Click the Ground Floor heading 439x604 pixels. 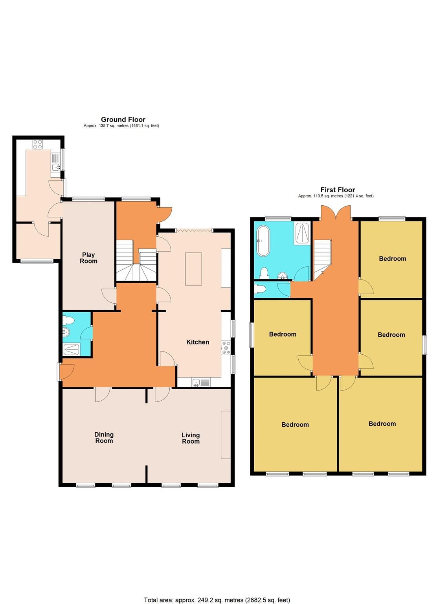click(123, 120)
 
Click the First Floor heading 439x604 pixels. click(337, 190)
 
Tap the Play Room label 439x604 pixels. click(88, 258)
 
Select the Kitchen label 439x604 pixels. click(197, 342)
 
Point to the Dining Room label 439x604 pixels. click(104, 438)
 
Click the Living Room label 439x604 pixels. click(191, 438)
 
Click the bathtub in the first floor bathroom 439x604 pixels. click(262, 241)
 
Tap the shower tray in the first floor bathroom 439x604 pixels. click(301, 234)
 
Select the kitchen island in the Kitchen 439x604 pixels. click(193, 269)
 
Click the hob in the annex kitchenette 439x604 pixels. click(38, 144)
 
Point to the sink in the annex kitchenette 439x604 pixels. click(56, 167)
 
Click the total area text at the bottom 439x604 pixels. click(217, 600)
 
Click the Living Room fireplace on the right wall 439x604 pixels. click(226, 435)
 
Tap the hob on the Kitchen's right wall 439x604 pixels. click(226, 348)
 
